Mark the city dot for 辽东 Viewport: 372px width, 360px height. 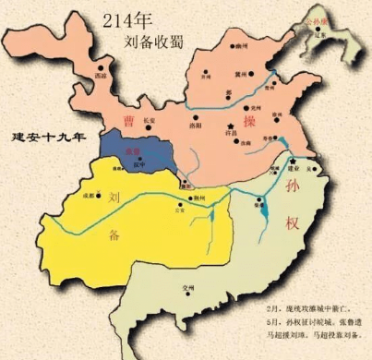[x=324, y=30]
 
